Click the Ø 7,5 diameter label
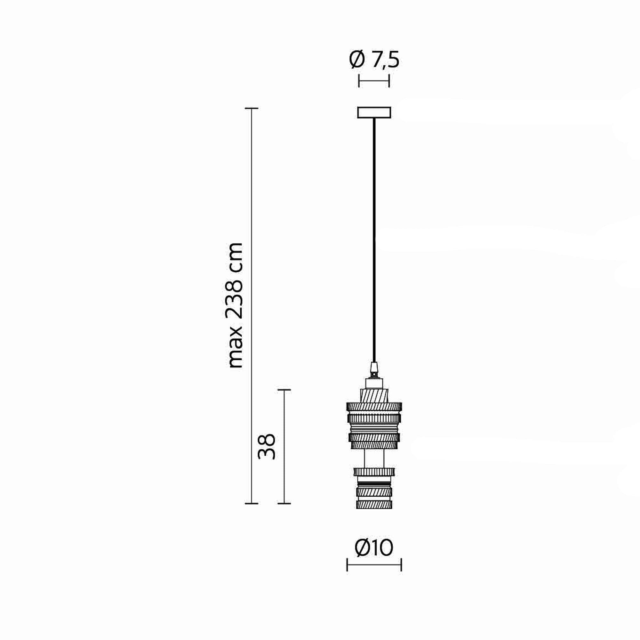click(374, 60)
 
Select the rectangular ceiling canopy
click(374, 112)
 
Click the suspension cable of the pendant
click(374, 240)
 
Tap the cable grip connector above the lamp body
click(374, 370)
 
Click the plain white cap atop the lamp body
click(374, 384)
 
